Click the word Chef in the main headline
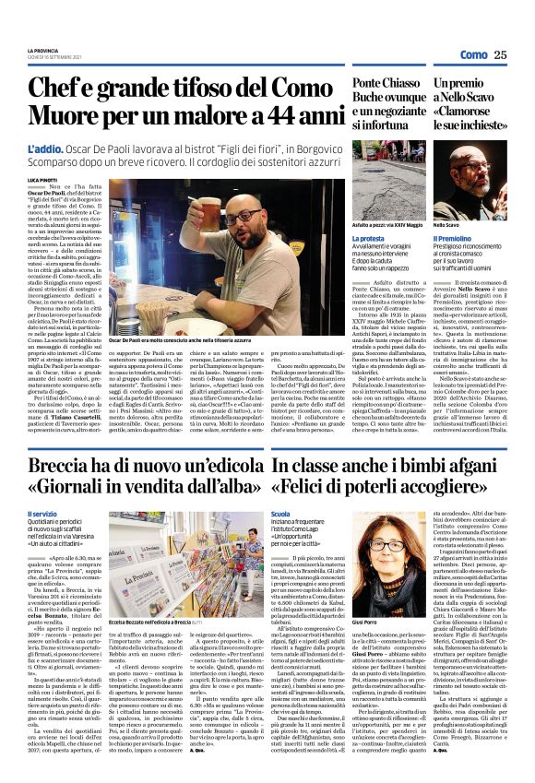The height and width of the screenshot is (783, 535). point(62,89)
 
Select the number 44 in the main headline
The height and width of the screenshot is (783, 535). point(249,118)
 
